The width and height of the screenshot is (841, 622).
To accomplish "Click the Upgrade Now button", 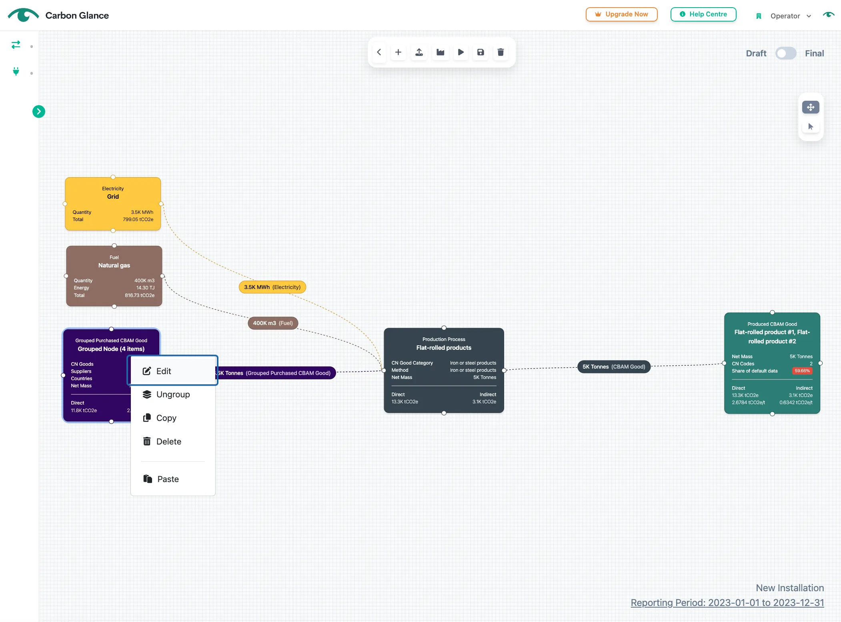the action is [x=621, y=14].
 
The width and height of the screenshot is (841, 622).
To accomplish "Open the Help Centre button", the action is [x=703, y=14].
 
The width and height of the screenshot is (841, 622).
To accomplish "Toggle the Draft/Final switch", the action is [x=785, y=54].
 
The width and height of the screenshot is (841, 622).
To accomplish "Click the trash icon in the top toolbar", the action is [x=501, y=52].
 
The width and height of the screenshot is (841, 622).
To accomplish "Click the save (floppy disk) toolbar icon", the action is [x=481, y=52].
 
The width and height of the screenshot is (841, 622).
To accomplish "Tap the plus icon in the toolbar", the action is [x=398, y=52].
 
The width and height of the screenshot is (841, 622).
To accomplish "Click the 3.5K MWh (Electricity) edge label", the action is [x=272, y=287].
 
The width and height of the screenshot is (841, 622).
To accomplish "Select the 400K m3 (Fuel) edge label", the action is [x=273, y=323].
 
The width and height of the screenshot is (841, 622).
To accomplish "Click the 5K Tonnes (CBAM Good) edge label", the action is [x=614, y=367].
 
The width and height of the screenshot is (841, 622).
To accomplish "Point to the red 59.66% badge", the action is [x=802, y=371].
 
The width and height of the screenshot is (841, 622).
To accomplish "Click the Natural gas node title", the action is [x=114, y=265].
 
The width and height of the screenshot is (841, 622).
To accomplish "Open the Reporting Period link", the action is [x=727, y=603].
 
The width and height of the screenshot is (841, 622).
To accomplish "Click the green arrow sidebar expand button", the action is [x=39, y=112].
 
